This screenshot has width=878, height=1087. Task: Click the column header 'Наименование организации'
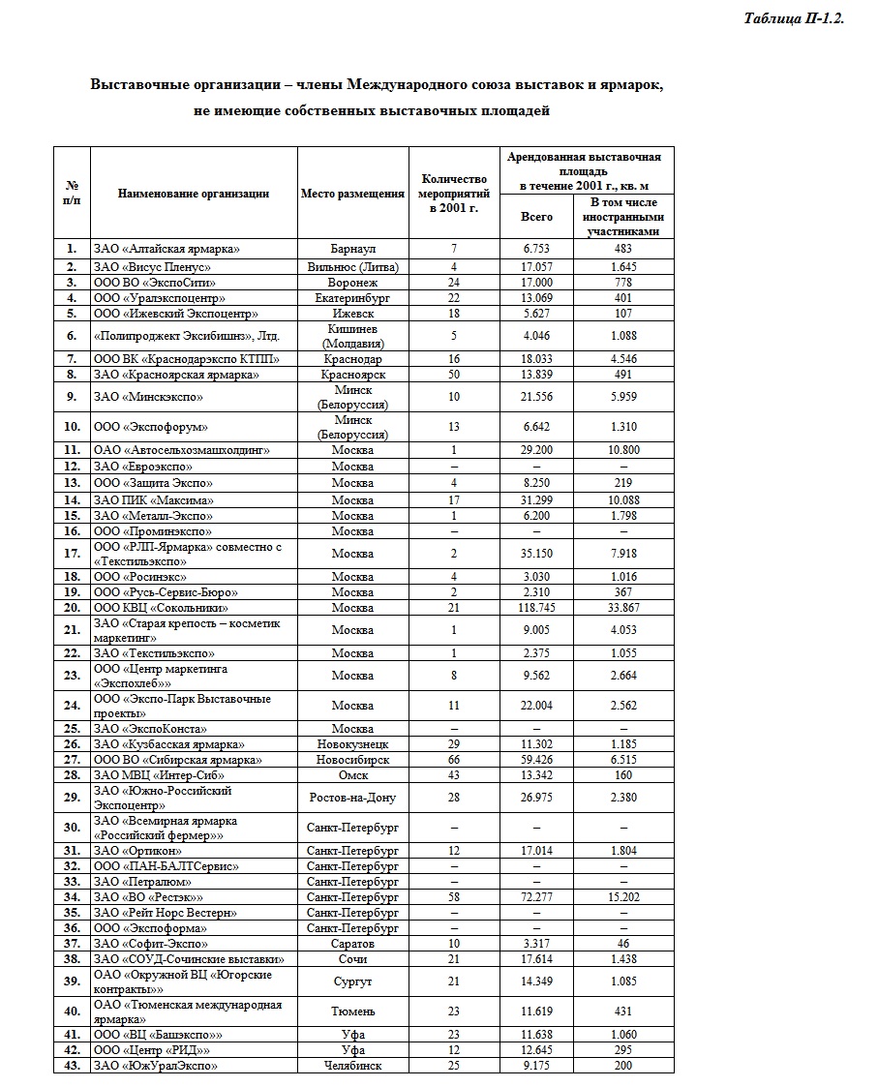(194, 194)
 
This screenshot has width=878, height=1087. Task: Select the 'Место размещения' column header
(352, 194)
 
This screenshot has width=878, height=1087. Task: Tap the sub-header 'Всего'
(537, 217)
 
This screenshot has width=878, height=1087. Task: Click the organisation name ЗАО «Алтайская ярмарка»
(166, 249)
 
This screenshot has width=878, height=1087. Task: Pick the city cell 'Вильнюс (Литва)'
(352, 266)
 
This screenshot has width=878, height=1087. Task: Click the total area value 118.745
(537, 608)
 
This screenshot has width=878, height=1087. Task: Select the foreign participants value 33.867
(622, 608)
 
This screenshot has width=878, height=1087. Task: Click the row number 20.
(72, 608)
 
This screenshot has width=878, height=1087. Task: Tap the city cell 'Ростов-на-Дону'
(352, 798)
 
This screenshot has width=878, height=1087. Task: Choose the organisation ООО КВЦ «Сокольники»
(161, 608)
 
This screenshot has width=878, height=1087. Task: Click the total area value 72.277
(537, 897)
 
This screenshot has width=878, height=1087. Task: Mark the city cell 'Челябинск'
(352, 1066)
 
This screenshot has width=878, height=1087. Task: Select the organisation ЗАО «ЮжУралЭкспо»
(155, 1066)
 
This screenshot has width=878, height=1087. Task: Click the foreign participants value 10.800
(622, 450)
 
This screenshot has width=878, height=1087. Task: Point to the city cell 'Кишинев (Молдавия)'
(352, 336)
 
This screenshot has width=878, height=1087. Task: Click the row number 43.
(72, 1066)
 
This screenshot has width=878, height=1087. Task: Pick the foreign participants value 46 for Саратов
(622, 944)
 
